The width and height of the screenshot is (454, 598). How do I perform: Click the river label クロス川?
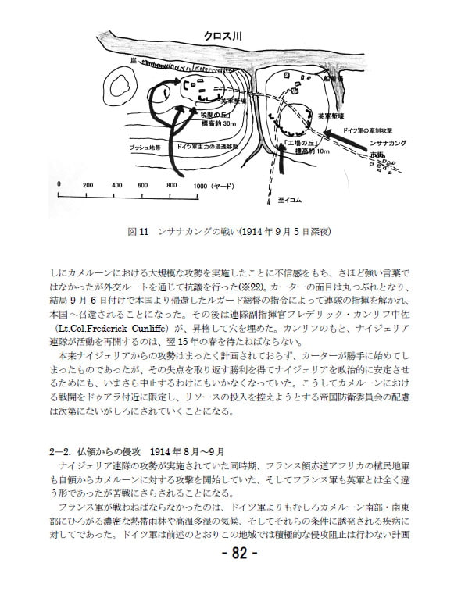click(x=224, y=35)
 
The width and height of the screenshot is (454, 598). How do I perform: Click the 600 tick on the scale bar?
click(x=141, y=186)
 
